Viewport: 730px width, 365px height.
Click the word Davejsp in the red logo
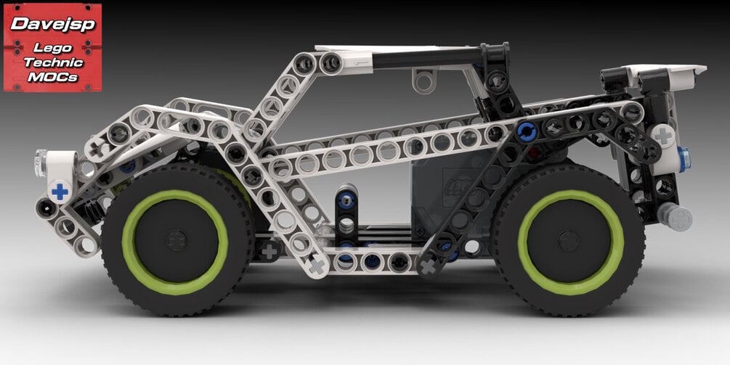pos(52,25)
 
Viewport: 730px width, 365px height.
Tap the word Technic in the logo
pos(53,62)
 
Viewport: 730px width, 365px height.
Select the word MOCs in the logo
pos(52,77)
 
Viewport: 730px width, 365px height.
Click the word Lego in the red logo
pos(52,47)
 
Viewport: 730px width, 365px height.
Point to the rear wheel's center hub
pos(569,241)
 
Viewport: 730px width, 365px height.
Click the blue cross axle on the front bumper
pos(60,192)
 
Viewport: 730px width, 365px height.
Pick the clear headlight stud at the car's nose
pos(41,163)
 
